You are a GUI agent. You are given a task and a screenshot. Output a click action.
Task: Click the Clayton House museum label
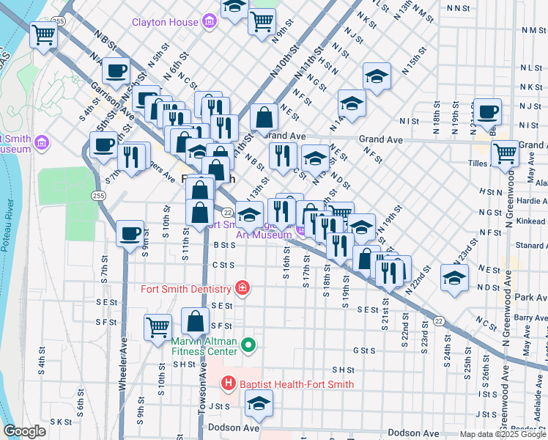pyautogui.click(x=166, y=22)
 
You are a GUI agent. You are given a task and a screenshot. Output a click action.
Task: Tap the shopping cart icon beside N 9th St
pyautogui.click(x=262, y=21)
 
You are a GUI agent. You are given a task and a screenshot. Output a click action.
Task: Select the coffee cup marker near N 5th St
pyautogui.click(x=116, y=71)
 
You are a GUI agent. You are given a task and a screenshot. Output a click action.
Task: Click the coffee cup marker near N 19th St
pyautogui.click(x=487, y=112)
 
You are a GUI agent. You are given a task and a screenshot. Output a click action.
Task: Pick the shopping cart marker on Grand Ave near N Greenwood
pyautogui.click(x=505, y=154)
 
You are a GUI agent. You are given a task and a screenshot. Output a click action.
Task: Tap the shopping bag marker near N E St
pyautogui.click(x=264, y=117)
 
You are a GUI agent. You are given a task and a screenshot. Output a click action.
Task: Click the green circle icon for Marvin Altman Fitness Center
pyautogui.click(x=249, y=344)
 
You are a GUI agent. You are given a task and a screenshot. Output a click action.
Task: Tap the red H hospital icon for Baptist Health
pyautogui.click(x=228, y=384)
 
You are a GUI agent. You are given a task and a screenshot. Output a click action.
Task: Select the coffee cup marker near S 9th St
pyautogui.click(x=130, y=233)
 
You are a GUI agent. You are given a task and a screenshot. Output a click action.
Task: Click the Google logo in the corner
pyautogui.click(x=24, y=431)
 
